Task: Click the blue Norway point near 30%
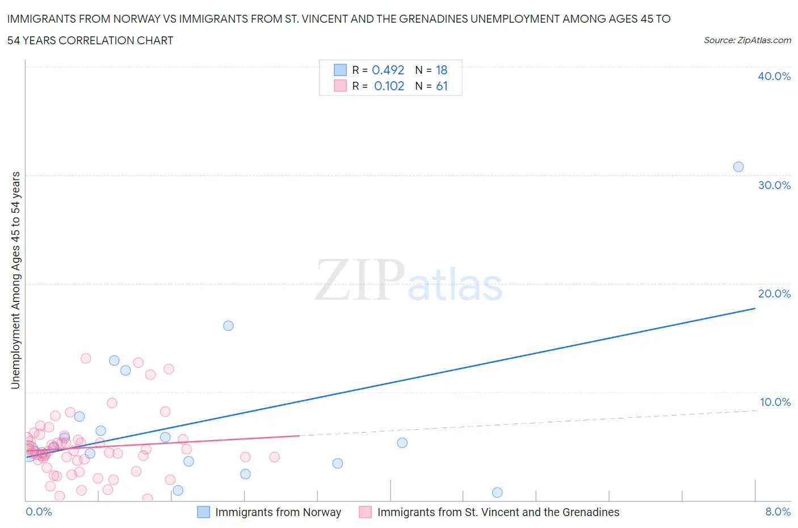coord(738,167)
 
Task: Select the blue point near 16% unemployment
coord(228,326)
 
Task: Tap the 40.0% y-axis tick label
coord(774,77)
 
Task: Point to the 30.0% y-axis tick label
coord(774,186)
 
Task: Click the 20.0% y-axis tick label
coord(774,294)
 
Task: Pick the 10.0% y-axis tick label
coord(775,403)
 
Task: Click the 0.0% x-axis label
coord(39,512)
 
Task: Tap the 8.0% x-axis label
coord(778,512)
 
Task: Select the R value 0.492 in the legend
coord(388,70)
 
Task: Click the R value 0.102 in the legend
coord(389,86)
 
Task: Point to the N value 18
coord(442,70)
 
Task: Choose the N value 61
coord(442,86)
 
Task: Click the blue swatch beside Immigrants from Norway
coord(203,512)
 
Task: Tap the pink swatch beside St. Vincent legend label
coord(366,512)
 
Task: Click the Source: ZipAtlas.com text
coord(747,40)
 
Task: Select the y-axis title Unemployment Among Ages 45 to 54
coord(16,280)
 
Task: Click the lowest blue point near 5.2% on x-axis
coord(497,493)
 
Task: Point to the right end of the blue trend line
coord(755,308)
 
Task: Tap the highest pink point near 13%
coord(86,358)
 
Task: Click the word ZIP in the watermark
coord(359,280)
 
